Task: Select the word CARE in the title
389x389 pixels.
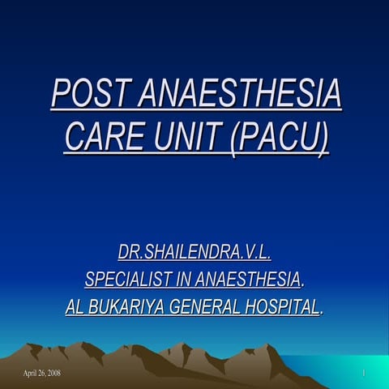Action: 104,136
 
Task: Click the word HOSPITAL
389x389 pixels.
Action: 283,307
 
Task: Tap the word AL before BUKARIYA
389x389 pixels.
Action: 75,307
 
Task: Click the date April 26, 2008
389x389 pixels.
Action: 42,373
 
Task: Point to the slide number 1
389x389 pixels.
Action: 365,373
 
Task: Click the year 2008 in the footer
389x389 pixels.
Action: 53,373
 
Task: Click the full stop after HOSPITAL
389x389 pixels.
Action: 323,311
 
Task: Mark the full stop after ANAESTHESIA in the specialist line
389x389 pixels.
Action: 303,284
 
